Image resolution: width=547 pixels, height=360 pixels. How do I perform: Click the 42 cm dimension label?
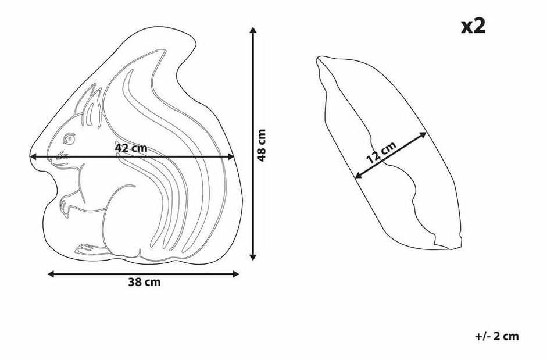coord(131,148)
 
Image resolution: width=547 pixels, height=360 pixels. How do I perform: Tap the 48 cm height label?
coord(262,145)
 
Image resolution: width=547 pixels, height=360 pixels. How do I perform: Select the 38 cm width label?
coord(144,282)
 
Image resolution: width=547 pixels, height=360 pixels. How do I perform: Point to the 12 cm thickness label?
coord(382,152)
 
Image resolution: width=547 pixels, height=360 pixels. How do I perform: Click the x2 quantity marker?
coord(473,27)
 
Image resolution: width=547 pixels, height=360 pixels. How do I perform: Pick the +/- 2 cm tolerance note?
coord(497,336)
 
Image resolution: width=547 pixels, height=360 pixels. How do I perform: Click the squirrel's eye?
coord(69,139)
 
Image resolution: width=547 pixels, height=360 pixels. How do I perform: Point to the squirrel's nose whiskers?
coord(62,156)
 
